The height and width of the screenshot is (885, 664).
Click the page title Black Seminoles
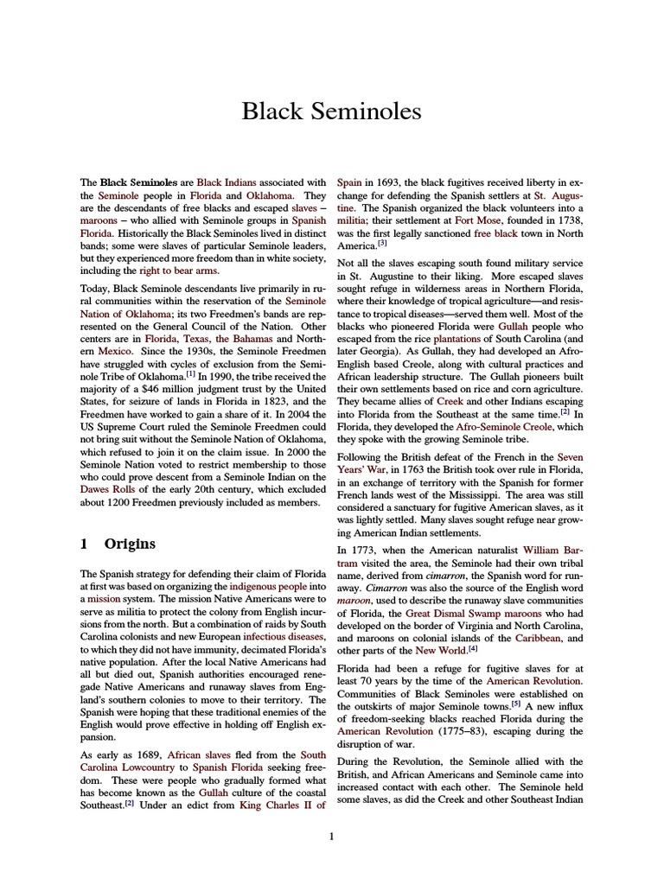point(331,111)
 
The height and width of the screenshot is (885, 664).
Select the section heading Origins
point(130,544)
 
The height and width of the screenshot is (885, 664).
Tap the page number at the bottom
point(332,836)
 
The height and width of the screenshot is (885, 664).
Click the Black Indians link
point(221,182)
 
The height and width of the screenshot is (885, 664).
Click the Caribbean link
point(538,638)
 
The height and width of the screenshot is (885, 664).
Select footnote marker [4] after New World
point(473,648)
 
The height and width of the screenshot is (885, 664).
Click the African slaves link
point(199,754)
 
